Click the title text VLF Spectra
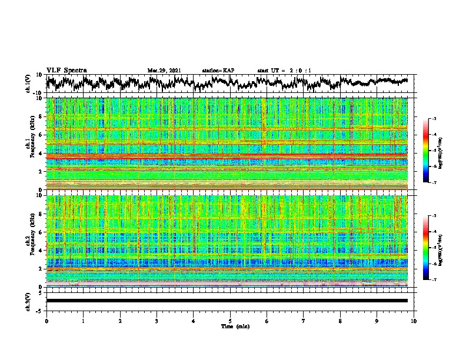[x=66, y=70]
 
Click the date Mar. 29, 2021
[x=164, y=71]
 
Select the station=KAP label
[x=218, y=71]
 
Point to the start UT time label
[x=284, y=71]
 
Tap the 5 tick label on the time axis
[x=230, y=321]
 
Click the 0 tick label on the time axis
[x=46, y=321]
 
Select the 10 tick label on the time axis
[x=414, y=321]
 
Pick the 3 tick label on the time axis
[x=157, y=321]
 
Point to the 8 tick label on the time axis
[x=340, y=321]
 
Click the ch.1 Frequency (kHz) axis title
[x=30, y=144]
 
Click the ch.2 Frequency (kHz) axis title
[x=30, y=241]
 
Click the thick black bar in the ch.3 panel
[x=227, y=301]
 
